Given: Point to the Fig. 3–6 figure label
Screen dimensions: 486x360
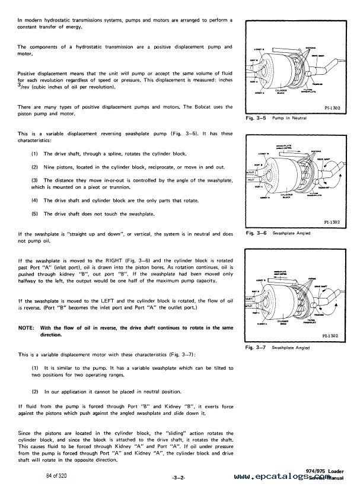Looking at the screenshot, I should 254,234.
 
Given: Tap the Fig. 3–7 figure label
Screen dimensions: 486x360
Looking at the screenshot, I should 254,347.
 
